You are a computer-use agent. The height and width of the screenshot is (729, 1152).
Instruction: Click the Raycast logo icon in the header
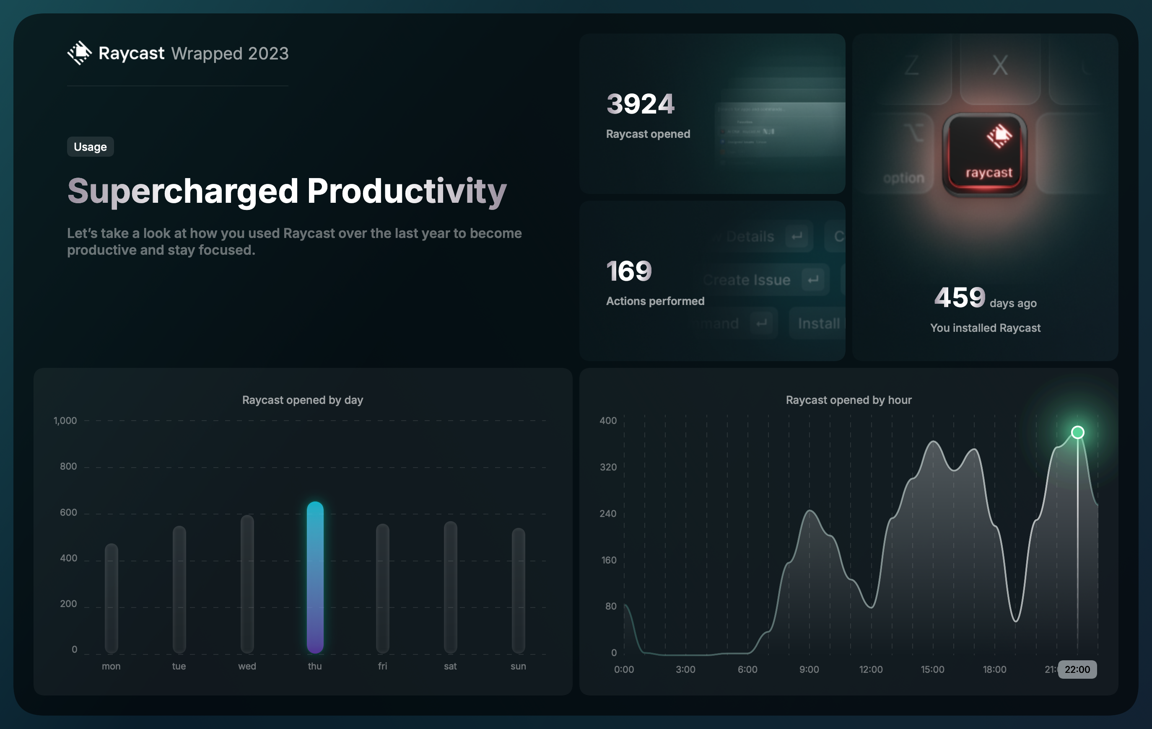click(79, 53)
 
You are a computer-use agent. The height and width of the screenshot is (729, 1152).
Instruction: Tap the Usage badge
click(90, 147)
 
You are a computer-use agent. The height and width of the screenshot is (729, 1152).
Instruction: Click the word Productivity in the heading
click(407, 191)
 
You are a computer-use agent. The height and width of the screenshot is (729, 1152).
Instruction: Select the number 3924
click(640, 104)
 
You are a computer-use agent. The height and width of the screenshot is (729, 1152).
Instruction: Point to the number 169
click(629, 271)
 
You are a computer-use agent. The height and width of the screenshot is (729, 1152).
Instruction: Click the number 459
click(960, 297)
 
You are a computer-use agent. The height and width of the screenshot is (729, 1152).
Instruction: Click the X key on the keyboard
click(1000, 65)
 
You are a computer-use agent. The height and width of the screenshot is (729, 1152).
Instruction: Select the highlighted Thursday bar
click(315, 577)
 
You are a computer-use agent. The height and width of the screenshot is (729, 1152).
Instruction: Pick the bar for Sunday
click(518, 590)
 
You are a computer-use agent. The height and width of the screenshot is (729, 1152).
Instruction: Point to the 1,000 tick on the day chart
click(65, 421)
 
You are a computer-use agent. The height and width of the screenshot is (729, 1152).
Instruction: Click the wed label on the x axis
click(247, 666)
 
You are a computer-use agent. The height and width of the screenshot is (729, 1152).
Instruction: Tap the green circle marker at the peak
click(1077, 432)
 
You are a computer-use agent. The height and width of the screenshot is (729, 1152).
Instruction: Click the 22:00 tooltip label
click(1077, 669)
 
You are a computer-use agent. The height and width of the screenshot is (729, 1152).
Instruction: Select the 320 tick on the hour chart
click(608, 467)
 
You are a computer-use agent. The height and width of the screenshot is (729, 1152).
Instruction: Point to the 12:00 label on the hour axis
click(871, 669)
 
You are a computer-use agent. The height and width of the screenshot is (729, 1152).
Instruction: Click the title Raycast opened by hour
click(848, 400)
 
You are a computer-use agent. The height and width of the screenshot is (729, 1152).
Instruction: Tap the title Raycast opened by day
click(302, 400)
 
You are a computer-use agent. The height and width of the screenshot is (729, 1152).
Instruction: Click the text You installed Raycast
click(985, 328)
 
